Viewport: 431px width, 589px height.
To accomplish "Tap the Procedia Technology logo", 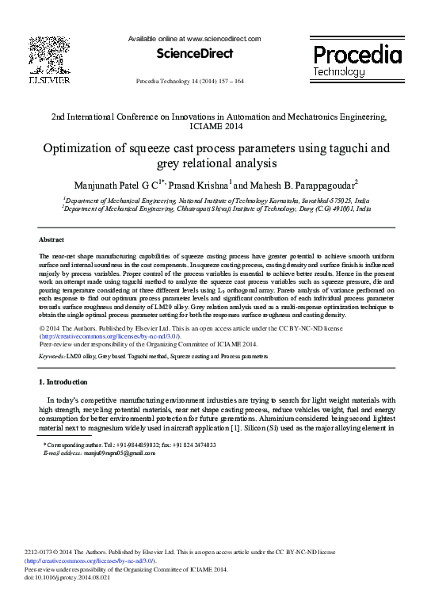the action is [x=357, y=60].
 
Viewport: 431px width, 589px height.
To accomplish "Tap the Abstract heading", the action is [x=51, y=239].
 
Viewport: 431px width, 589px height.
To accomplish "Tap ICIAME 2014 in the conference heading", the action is [x=215, y=126].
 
